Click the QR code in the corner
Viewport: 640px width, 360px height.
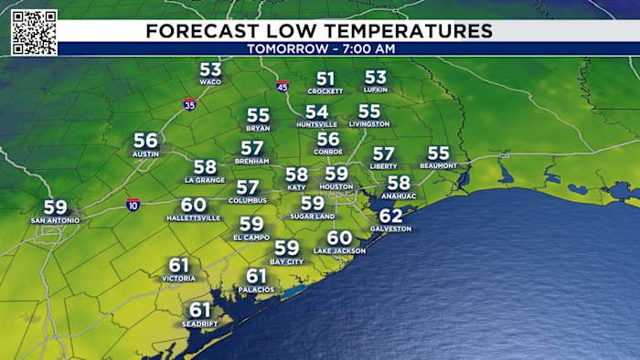(35, 32)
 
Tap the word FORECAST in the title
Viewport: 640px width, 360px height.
(198, 31)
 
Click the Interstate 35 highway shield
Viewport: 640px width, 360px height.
(189, 104)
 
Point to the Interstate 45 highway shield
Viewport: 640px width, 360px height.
(283, 86)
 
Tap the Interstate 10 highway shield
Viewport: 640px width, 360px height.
(133, 204)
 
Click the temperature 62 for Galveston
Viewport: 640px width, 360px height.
(390, 216)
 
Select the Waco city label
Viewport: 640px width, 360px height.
(211, 82)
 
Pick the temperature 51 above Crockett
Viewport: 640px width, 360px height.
(325, 79)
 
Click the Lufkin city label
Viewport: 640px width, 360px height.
(375, 90)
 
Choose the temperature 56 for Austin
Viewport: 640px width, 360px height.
(146, 141)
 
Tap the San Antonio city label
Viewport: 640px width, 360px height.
(55, 220)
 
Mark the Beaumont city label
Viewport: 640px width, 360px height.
(439, 165)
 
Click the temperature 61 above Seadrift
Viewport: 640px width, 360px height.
(200, 310)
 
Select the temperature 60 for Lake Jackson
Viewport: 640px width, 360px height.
(339, 238)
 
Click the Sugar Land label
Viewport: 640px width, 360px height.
(313, 217)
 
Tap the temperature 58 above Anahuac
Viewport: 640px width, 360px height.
(399, 183)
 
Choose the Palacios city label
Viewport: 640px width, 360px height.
(256, 290)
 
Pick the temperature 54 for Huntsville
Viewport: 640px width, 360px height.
(317, 111)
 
